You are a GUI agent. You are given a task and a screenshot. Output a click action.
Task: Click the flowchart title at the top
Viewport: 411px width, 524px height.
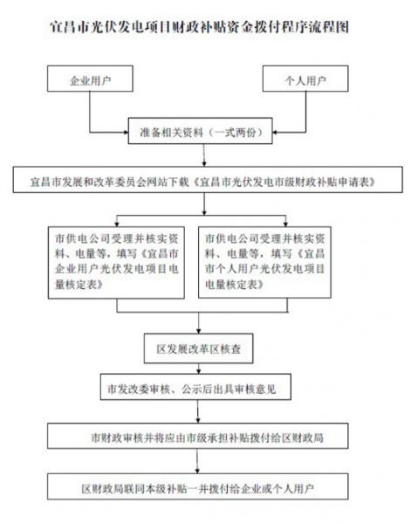click(x=199, y=27)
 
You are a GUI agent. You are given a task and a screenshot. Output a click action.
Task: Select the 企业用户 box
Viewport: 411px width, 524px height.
click(x=90, y=79)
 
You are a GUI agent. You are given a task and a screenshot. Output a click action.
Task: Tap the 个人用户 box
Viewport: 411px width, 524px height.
click(x=305, y=79)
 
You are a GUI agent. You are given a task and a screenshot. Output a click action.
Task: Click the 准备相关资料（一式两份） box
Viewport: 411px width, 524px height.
click(x=201, y=131)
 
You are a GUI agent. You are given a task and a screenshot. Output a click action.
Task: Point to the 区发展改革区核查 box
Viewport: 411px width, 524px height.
click(x=199, y=348)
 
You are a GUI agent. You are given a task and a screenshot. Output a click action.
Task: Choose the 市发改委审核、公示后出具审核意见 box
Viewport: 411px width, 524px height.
click(x=195, y=387)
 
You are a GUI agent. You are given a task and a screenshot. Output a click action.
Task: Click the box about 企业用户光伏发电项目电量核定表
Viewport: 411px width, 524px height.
click(x=116, y=263)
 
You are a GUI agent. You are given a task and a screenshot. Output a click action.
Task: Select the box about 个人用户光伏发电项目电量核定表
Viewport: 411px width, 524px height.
click(x=264, y=263)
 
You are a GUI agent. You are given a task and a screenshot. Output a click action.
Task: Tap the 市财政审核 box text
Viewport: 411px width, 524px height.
click(x=207, y=438)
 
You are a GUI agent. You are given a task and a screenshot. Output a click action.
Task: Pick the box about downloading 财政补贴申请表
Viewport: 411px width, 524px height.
click(x=208, y=180)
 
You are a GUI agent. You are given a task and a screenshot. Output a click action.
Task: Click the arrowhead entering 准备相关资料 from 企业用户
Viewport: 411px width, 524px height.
click(x=127, y=133)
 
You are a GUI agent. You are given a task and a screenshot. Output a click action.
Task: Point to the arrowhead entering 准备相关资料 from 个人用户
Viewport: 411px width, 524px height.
click(x=275, y=133)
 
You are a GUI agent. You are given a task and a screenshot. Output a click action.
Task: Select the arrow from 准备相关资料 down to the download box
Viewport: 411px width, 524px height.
click(x=204, y=155)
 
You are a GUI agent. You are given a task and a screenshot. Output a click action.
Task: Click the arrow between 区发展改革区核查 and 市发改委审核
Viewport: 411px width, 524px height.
click(x=199, y=369)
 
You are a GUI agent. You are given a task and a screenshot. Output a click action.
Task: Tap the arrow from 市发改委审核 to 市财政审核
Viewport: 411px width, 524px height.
click(x=198, y=411)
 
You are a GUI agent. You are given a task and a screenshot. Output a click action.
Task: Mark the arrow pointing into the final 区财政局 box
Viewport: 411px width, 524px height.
click(x=197, y=461)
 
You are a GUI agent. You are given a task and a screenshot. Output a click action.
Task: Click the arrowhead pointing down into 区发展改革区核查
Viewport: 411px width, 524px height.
click(x=199, y=331)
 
